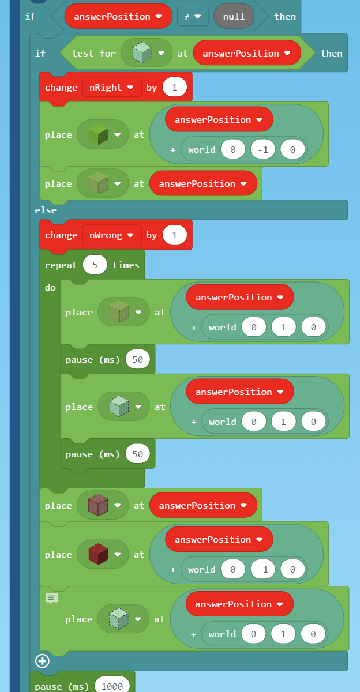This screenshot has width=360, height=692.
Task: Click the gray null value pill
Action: pyautogui.click(x=234, y=16)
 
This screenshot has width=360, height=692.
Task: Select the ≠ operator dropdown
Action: pyautogui.click(x=193, y=16)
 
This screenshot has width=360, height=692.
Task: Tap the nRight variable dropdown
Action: pyautogui.click(x=111, y=87)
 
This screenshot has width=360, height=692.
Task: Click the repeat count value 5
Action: pyautogui.click(x=95, y=265)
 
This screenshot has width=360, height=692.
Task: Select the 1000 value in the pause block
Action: pyautogui.click(x=112, y=686)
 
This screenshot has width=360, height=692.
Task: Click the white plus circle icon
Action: pyautogui.click(x=42, y=660)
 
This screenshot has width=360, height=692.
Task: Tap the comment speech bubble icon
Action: pyautogui.click(x=52, y=598)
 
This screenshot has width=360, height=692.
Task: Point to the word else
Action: pyautogui.click(x=46, y=210)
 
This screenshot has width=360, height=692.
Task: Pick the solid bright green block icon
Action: pyautogui.click(x=98, y=134)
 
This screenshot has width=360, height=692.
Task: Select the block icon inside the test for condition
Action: pyautogui.click(x=141, y=53)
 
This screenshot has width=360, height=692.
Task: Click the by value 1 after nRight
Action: pyautogui.click(x=174, y=87)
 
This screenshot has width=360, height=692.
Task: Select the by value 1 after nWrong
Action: pyautogui.click(x=174, y=235)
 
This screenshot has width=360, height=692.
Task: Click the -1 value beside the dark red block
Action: pyautogui.click(x=262, y=569)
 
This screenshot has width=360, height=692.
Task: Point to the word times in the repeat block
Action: pyautogui.click(x=126, y=265)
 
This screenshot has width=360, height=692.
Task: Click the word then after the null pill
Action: pyautogui.click(x=285, y=16)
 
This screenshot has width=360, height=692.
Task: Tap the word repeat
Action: pyautogui.click(x=61, y=265)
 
